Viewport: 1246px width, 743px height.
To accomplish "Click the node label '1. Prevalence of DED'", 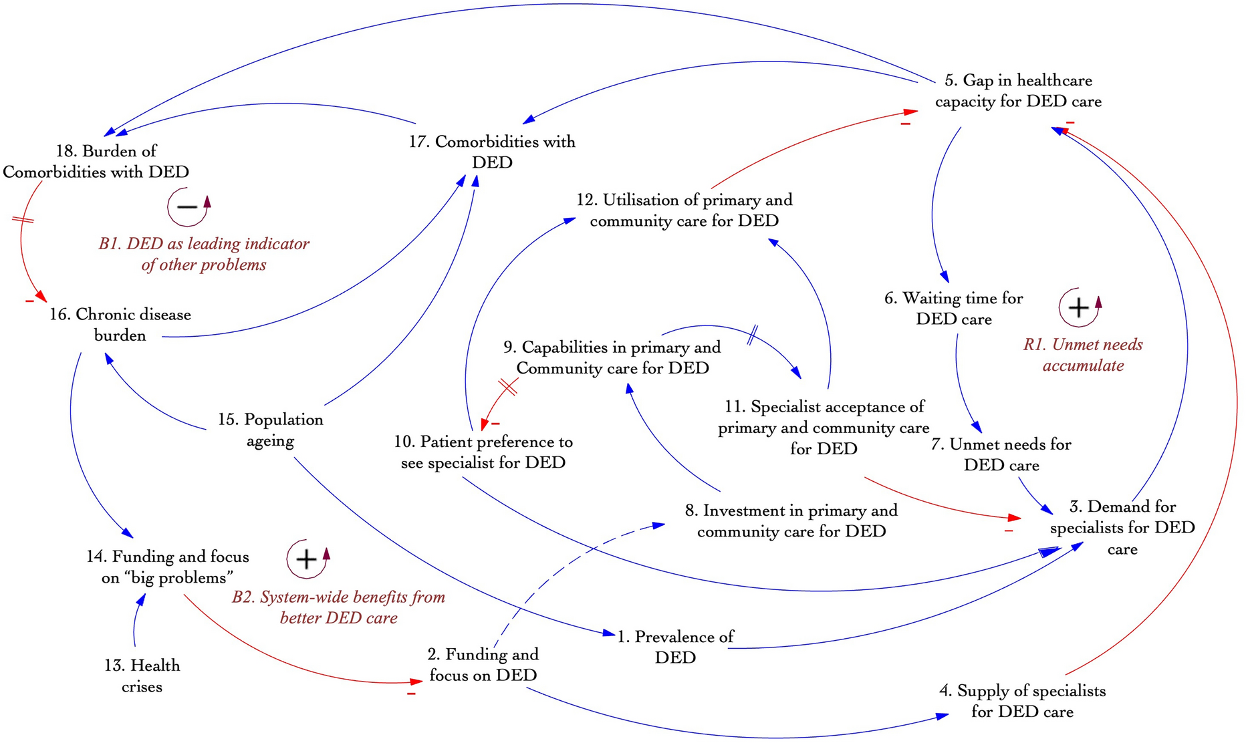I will [x=675, y=647].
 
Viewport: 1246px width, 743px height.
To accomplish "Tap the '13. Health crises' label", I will [x=142, y=676].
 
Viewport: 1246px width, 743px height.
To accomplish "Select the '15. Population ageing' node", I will [x=270, y=430].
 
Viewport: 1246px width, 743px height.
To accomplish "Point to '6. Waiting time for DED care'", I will [x=954, y=308].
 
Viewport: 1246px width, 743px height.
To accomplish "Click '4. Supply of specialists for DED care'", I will [x=1022, y=701].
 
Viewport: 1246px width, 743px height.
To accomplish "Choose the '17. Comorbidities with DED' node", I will [x=492, y=152].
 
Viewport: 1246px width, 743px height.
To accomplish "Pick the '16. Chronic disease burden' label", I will [x=120, y=325].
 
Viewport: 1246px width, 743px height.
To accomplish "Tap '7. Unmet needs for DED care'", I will [x=1001, y=454].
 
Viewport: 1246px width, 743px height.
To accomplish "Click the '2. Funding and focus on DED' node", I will [x=483, y=664].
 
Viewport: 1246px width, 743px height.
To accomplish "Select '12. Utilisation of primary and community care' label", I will [x=684, y=210].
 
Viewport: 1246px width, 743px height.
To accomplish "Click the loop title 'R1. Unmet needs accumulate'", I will [x=1083, y=355].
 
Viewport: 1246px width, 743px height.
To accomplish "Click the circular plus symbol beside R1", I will [x=1078, y=307].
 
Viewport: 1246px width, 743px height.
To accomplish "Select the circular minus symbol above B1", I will [x=187, y=206].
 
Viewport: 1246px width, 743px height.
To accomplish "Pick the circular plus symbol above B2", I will [x=306, y=559].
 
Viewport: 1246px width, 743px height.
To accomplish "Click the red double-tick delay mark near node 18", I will [x=23, y=219].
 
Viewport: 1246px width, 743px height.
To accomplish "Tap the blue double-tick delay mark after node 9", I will [x=752, y=334].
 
